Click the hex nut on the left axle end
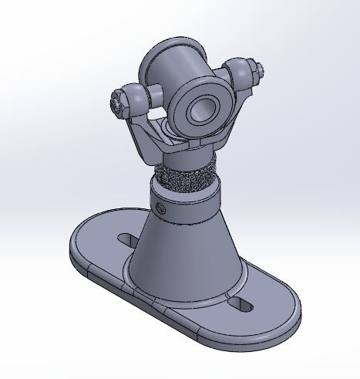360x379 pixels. (117, 103)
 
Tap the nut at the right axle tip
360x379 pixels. (258, 71)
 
